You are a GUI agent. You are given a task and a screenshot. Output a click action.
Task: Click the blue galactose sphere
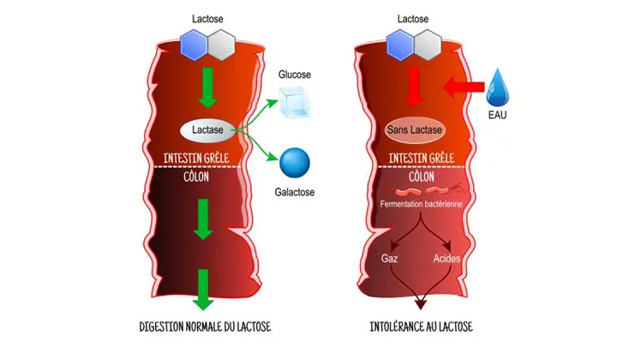tap(294, 163)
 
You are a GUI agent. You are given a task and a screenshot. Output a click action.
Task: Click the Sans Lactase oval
tap(415, 130)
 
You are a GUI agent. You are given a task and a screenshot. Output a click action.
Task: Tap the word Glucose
tap(295, 75)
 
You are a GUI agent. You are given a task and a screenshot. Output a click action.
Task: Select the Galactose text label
tap(295, 192)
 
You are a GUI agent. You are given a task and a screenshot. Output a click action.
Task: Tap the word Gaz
tap(389, 257)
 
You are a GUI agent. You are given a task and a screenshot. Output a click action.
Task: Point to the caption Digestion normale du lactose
tap(205, 327)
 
